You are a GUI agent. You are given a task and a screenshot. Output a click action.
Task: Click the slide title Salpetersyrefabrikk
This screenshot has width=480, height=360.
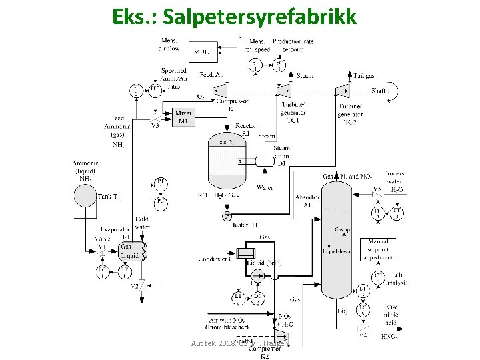pos(235,15)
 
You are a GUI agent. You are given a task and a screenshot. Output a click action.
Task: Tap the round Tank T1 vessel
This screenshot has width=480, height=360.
pos(85,195)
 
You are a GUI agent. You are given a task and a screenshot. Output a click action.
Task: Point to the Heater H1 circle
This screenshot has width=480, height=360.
pos(229,217)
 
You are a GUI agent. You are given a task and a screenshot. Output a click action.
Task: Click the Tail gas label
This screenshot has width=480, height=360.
pos(363,76)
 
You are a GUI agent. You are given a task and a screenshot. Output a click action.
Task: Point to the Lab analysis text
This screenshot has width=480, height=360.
pos(397,278)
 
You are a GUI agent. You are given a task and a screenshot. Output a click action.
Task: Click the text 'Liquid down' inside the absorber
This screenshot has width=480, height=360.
pos(335,251)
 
